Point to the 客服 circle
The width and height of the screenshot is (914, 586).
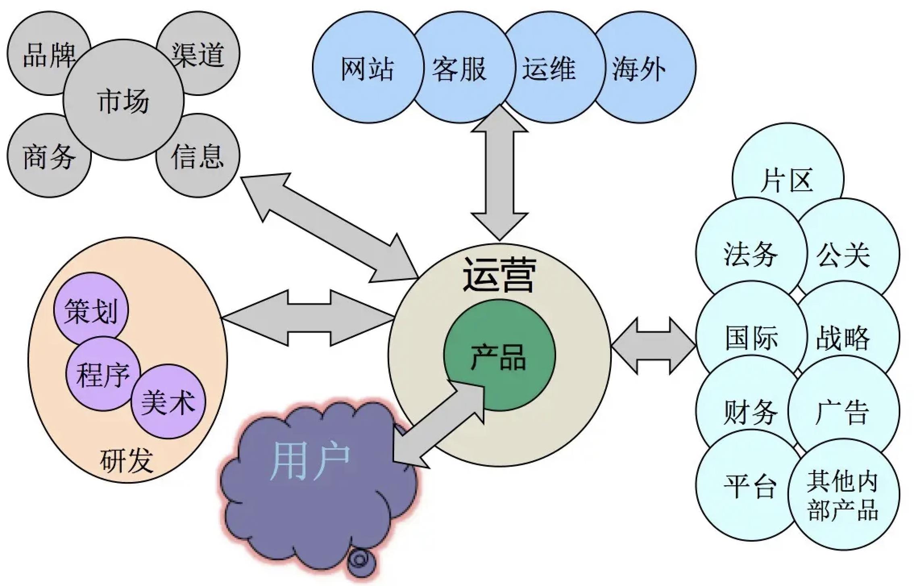click(x=459, y=68)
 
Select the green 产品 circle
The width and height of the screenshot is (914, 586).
click(x=499, y=357)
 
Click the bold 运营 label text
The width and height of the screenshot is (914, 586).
click(x=499, y=275)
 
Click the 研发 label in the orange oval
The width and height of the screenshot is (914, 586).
click(x=126, y=460)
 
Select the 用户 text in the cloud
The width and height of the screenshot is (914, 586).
click(x=310, y=460)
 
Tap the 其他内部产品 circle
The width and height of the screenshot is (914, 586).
click(x=843, y=496)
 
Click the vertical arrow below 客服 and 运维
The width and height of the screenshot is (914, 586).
click(x=500, y=173)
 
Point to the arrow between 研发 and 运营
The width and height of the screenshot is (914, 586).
click(x=308, y=318)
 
